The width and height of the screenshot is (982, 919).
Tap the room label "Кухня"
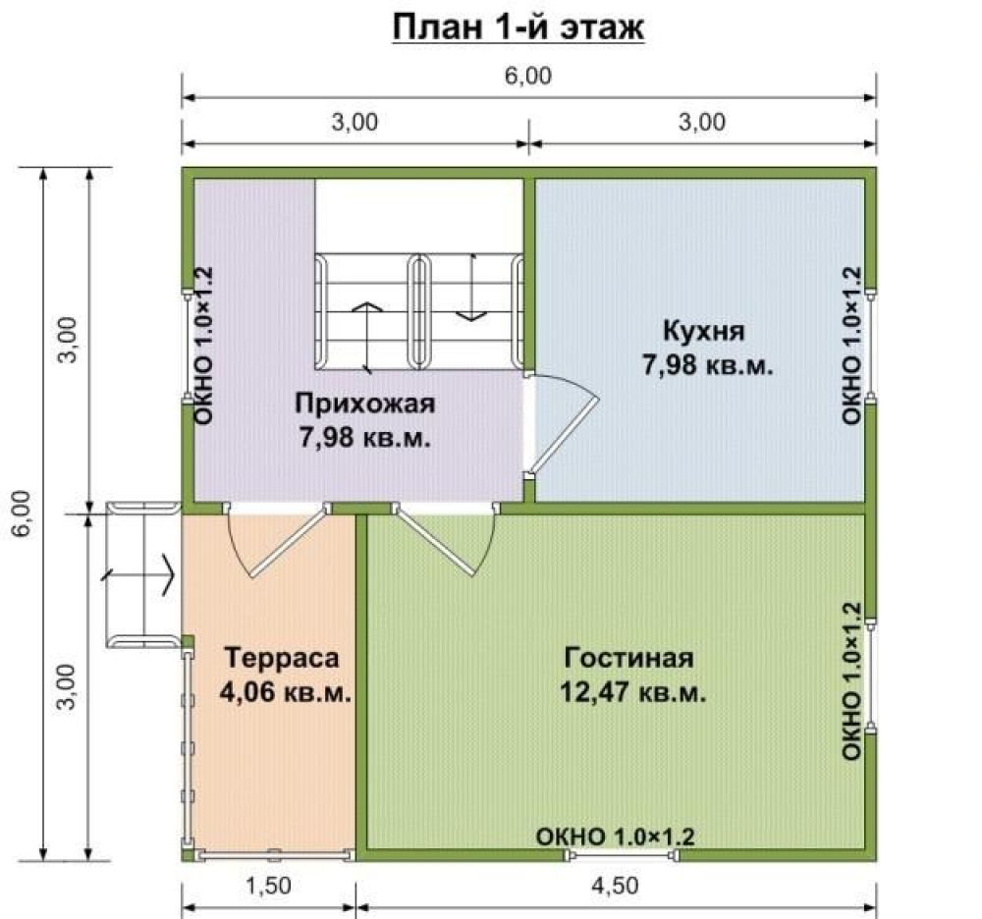704,331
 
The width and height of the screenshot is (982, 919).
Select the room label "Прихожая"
364,404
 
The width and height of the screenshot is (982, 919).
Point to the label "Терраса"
282,658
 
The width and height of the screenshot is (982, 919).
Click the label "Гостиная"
628,658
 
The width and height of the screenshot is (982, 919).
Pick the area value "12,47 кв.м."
633,693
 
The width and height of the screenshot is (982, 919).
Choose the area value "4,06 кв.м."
286,693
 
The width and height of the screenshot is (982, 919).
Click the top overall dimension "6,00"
528,76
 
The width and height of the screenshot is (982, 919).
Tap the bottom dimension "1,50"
268,886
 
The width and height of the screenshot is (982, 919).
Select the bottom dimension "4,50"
615,886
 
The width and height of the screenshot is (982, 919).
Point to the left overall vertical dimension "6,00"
22,513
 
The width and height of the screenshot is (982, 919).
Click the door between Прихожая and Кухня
562,423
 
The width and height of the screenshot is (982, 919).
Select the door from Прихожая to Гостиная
445,538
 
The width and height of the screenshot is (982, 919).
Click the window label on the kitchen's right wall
851,347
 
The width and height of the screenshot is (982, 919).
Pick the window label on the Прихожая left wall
204,347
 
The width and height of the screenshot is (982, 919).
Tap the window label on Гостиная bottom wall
615,837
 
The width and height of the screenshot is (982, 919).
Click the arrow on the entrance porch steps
137,574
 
